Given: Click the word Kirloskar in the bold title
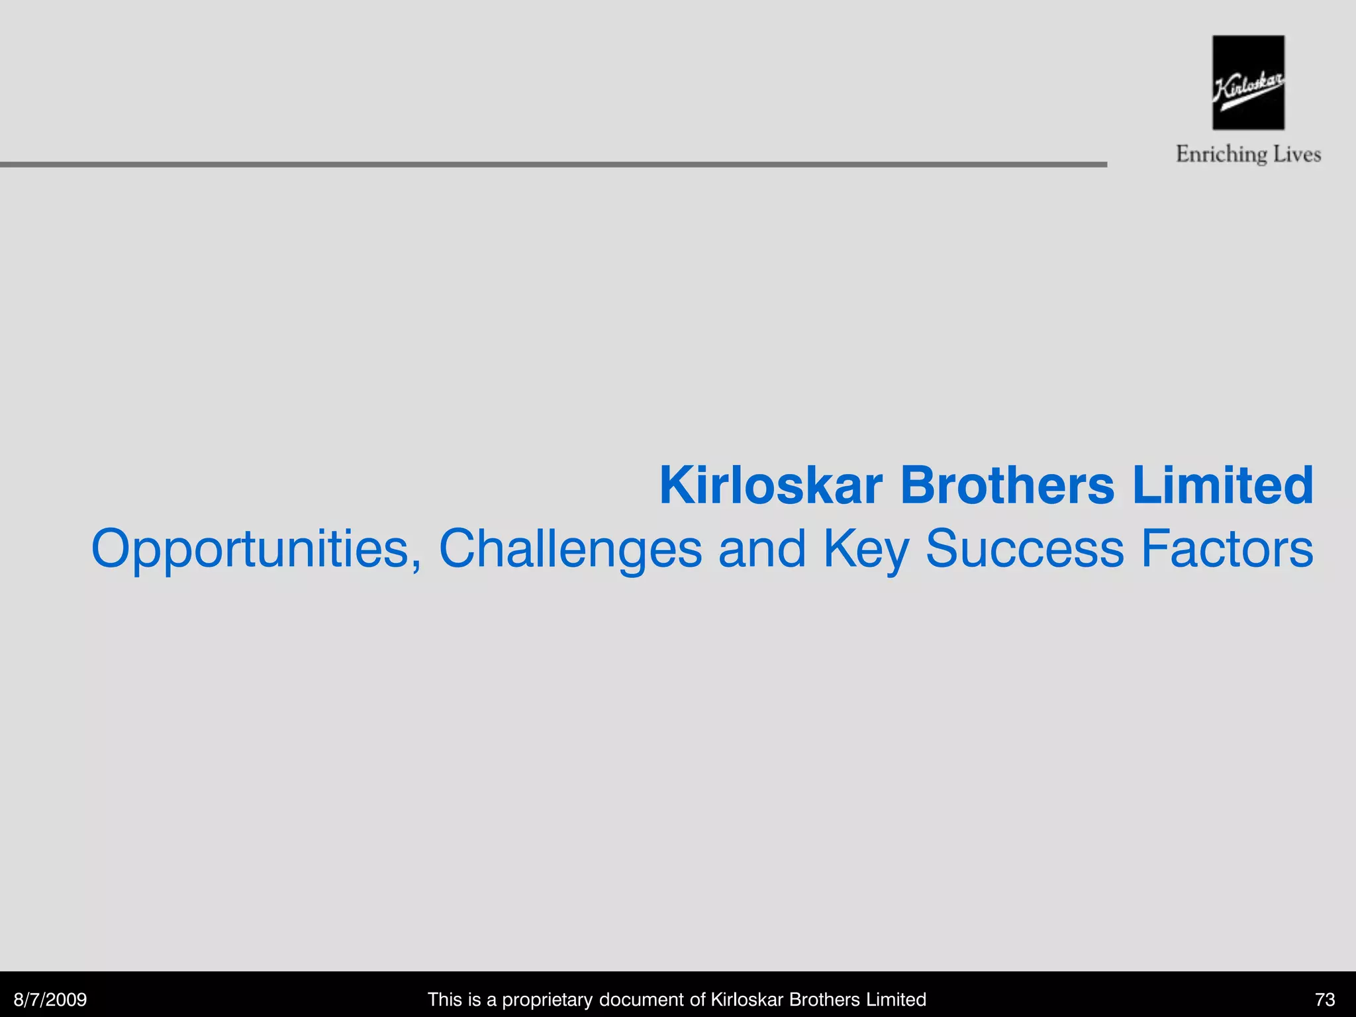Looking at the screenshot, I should click(771, 485).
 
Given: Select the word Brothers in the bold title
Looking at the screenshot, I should click(1006, 485).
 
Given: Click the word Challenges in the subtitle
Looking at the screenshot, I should click(570, 549).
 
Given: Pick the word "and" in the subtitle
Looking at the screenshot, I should click(762, 549).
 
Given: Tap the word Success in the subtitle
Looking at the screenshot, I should click(1024, 549).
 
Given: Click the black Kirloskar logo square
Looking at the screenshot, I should click(1248, 82).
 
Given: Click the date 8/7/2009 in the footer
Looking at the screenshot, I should click(50, 999).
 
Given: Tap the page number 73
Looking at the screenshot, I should click(1325, 999).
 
